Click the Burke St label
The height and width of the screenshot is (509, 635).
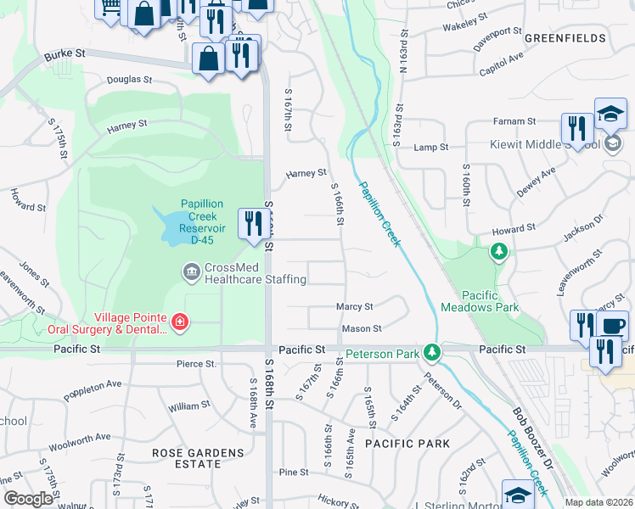click(66, 53)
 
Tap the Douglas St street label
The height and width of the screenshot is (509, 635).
click(129, 80)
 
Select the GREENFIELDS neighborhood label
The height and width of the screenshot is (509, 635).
click(565, 38)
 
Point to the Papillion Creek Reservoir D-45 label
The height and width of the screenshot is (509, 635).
click(202, 222)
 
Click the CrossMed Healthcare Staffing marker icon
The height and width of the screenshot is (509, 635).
click(190, 272)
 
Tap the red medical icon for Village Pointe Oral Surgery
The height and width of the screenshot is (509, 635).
click(179, 322)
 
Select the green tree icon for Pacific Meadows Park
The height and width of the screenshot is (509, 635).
click(499, 252)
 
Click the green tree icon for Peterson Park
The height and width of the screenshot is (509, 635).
click(432, 350)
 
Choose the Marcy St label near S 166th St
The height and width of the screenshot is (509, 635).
click(355, 306)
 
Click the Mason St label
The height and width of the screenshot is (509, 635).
click(361, 328)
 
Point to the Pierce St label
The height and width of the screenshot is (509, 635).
click(196, 364)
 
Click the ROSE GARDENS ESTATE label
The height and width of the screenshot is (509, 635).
click(197, 459)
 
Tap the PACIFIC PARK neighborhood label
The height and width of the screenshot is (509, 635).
click(402, 444)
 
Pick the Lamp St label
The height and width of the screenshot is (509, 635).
click(430, 148)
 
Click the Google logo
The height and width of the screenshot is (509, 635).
click(28, 499)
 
